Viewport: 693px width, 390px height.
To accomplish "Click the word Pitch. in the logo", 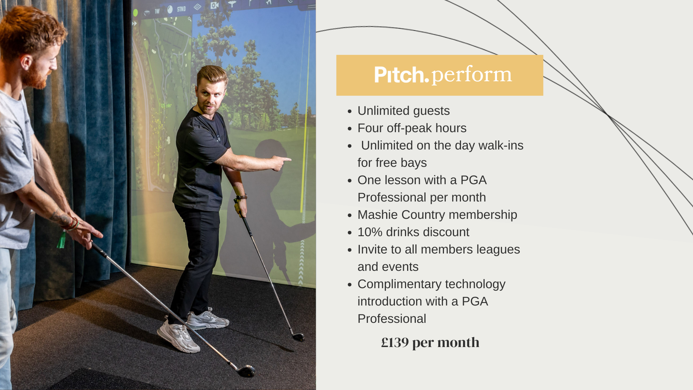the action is click(x=401, y=75).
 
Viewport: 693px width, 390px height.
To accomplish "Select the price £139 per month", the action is click(x=430, y=342).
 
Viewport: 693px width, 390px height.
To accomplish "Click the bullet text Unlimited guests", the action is click(x=404, y=110).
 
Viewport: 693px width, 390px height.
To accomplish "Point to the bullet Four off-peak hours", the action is click(x=412, y=128).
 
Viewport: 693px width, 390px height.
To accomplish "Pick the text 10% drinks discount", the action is click(x=413, y=232).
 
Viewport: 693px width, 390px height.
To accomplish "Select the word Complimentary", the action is click(x=400, y=285).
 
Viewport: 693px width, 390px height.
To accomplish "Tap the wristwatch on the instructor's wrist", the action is click(x=242, y=197).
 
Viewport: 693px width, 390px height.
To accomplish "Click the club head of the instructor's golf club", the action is click(x=298, y=337).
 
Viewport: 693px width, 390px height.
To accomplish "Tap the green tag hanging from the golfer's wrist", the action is click(x=61, y=240).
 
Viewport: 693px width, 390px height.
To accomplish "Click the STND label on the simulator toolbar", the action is click(x=181, y=9).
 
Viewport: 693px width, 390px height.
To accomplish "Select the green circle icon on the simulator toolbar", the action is click(x=135, y=13).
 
